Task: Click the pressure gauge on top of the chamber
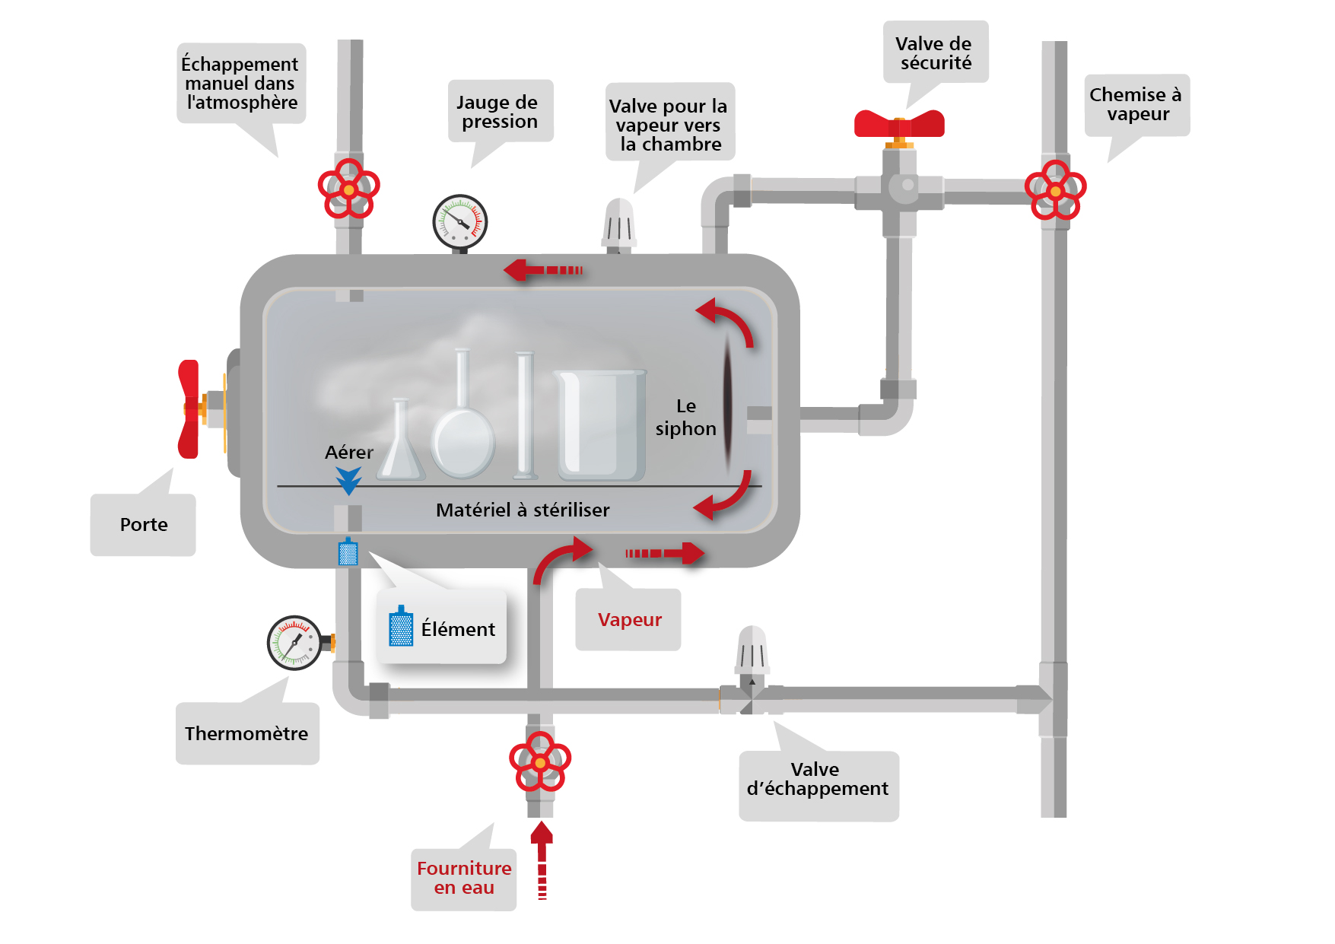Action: [459, 221]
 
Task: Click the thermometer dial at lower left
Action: [294, 643]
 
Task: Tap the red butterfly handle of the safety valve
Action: [899, 123]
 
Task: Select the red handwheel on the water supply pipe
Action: [539, 761]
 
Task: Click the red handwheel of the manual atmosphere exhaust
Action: [348, 189]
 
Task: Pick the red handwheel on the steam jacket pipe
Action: [1055, 190]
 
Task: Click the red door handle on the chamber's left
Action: [189, 409]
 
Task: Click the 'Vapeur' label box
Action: [628, 619]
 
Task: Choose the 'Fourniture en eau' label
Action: [463, 878]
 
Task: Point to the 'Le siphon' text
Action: [685, 418]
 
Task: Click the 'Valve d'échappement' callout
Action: [818, 780]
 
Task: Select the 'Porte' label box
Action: [143, 525]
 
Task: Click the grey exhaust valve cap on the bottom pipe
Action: [752, 650]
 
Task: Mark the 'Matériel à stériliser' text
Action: [523, 510]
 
